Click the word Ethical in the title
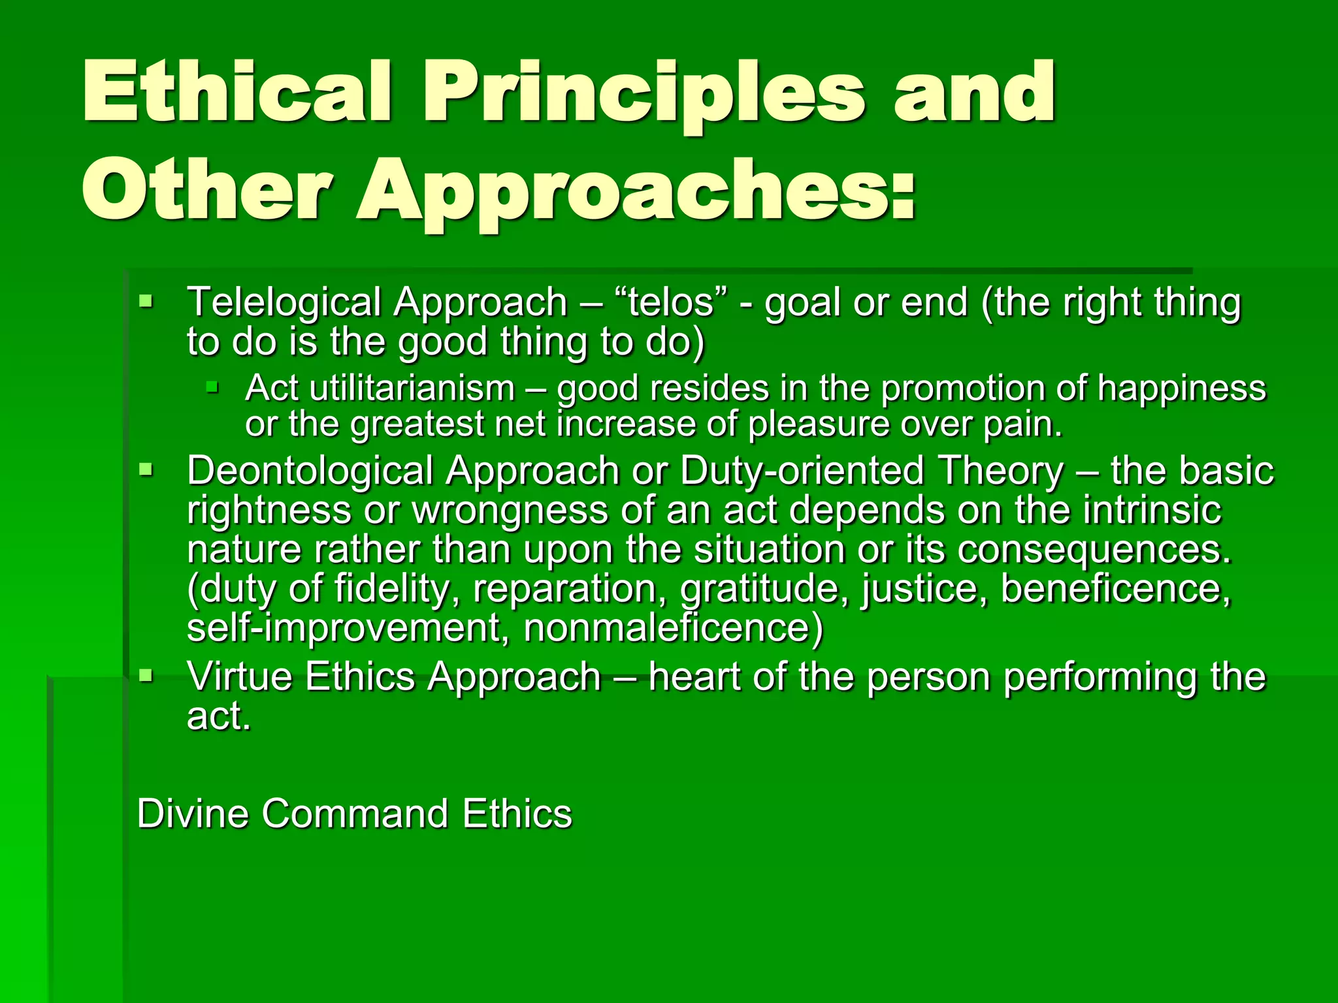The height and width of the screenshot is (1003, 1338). point(237,93)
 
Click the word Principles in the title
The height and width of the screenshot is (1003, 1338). point(644,93)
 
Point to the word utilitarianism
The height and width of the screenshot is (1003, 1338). point(412,388)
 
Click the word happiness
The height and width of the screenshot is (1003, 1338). point(1181,388)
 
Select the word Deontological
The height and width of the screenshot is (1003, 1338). point(310,471)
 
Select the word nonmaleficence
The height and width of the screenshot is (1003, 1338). point(673,628)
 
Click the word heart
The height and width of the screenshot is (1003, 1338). point(694,676)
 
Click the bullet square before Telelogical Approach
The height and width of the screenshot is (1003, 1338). point(146,302)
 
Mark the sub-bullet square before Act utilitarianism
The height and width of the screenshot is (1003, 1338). point(211,388)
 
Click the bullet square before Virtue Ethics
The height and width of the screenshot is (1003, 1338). point(146,675)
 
